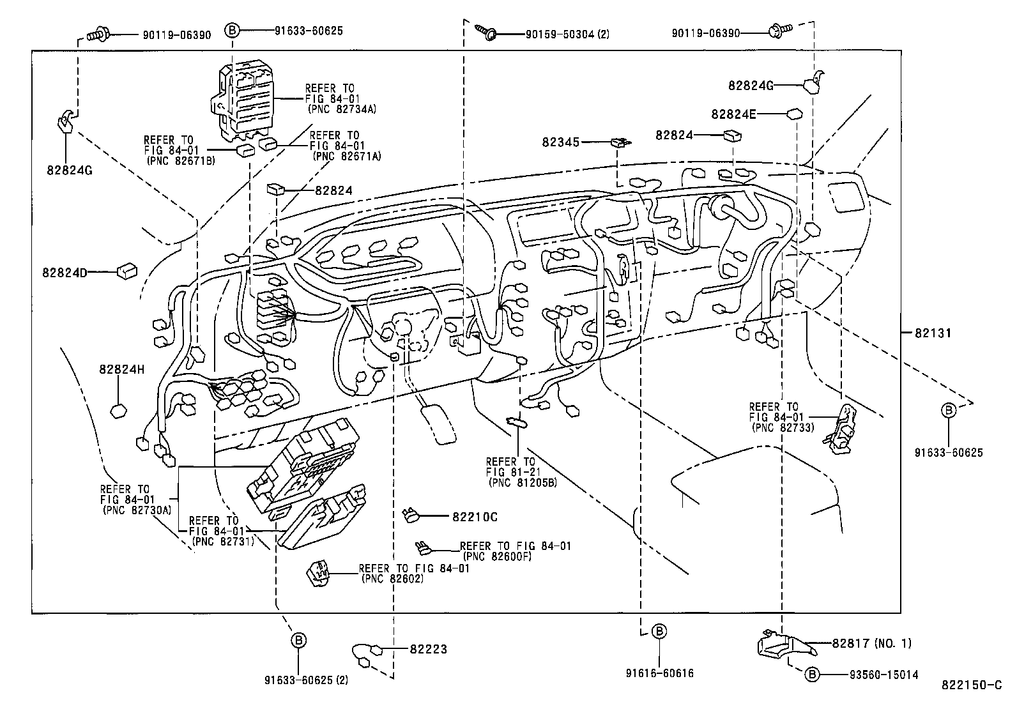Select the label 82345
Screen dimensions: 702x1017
click(560, 142)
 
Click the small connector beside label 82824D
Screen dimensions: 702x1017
click(126, 271)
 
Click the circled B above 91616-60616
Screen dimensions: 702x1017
click(659, 632)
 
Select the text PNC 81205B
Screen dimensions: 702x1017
click(522, 482)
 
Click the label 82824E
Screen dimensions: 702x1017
click(733, 114)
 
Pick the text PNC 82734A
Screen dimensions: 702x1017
click(342, 109)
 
